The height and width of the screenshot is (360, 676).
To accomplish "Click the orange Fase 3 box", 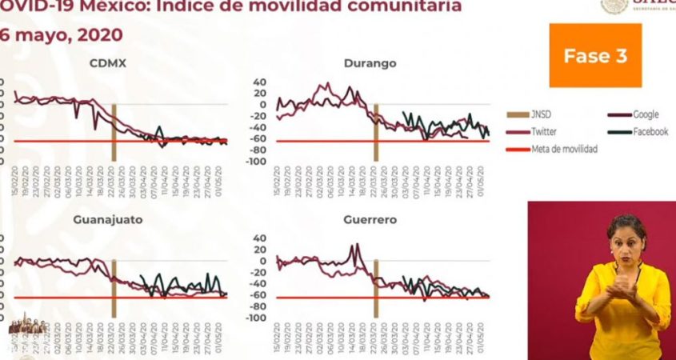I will click(x=595, y=55).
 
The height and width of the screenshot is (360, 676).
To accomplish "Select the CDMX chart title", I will click(x=112, y=63).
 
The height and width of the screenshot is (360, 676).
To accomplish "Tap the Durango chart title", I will click(x=370, y=63).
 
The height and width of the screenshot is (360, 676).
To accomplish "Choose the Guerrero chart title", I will click(x=370, y=219).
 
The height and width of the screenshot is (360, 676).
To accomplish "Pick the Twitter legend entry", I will click(x=543, y=132).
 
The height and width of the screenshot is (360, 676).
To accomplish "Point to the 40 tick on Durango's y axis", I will click(x=259, y=82).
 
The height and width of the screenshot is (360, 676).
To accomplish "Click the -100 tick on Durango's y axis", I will click(x=255, y=162).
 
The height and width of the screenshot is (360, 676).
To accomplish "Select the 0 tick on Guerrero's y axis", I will click(x=262, y=261).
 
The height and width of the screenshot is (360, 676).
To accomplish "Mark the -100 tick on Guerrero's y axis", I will click(x=255, y=318).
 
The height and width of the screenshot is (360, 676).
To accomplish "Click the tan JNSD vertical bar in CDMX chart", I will click(x=114, y=133).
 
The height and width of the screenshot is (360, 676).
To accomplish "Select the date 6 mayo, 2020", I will click(x=62, y=35).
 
